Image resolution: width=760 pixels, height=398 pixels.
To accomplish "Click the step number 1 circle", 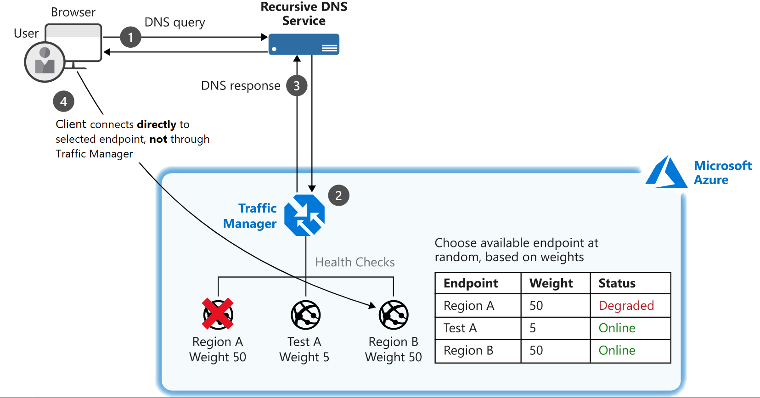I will click(130, 37).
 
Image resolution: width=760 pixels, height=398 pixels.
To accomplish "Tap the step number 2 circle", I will click(338, 196).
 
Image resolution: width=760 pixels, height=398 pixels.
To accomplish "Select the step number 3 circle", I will click(297, 86).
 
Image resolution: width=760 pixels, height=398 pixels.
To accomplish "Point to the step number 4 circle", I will click(63, 101).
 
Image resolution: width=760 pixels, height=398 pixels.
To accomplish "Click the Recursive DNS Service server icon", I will click(304, 45).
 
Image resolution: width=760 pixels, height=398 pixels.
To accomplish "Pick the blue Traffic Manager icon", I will click(304, 215).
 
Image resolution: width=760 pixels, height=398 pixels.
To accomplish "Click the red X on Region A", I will click(218, 314).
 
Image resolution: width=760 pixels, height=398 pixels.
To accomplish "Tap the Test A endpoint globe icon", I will click(305, 315).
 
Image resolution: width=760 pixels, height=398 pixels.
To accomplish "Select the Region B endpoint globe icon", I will click(394, 315).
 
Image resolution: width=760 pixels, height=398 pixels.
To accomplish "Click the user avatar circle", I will click(45, 62).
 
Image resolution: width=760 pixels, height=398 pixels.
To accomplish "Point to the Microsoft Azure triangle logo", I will click(666, 173).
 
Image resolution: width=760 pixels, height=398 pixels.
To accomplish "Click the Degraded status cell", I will click(626, 306).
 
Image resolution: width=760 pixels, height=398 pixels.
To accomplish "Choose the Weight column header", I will click(551, 283).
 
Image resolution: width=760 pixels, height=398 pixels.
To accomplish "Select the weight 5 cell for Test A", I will click(533, 328).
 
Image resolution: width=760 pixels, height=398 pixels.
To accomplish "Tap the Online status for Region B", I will click(617, 351).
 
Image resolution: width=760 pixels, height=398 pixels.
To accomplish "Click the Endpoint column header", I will click(471, 283).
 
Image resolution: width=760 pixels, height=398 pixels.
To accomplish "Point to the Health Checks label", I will click(355, 262).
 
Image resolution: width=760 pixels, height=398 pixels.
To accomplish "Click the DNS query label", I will click(175, 22).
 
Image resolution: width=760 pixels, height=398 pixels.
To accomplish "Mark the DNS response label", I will click(241, 86).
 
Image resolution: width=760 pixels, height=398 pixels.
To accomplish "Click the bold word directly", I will click(157, 124).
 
